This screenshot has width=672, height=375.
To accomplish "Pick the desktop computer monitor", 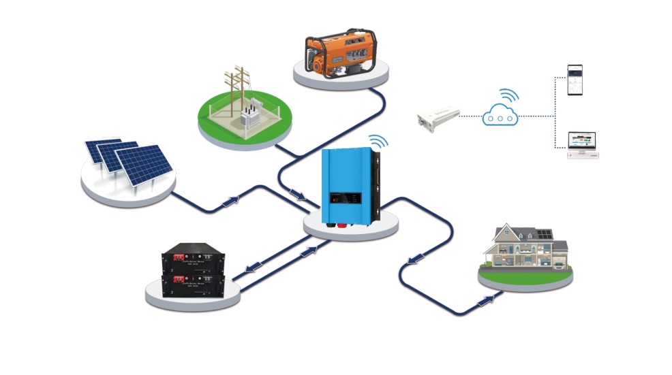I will (581, 141).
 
